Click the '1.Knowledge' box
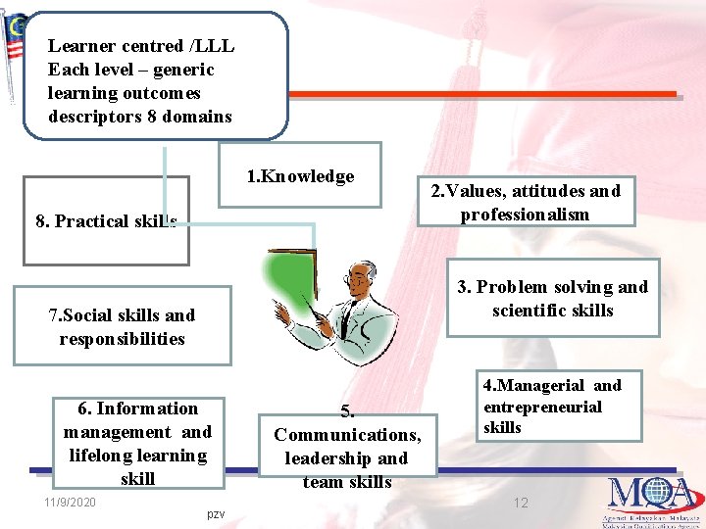pos(299,176)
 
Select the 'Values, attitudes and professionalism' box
pos(521,203)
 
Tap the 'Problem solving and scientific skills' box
pos(552,299)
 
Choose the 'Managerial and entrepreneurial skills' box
pos(551,406)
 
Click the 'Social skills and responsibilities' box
pos(123,326)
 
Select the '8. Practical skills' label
pos(106,221)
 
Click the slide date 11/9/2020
pos(70,503)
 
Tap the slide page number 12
pos(522,503)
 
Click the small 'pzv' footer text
pos(216,513)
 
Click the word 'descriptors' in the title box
pos(92,117)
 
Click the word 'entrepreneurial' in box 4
pos(542,407)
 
